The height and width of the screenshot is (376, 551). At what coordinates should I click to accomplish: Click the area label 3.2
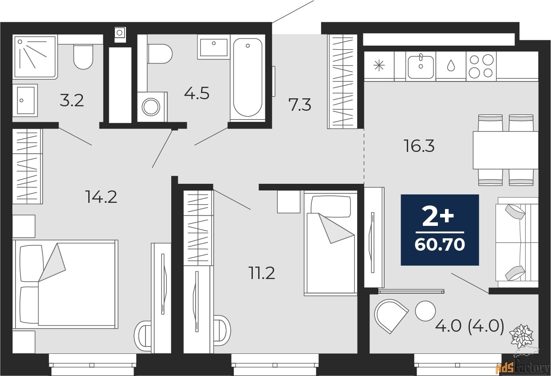click(72, 101)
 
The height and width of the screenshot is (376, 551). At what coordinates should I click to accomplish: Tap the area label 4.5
click(197, 93)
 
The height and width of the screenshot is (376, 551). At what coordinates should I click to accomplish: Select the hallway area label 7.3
click(299, 105)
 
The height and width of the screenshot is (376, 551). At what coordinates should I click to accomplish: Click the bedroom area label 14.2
click(101, 197)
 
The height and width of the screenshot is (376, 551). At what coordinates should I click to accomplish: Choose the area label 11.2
click(261, 273)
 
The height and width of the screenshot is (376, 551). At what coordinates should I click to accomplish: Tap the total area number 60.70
click(440, 244)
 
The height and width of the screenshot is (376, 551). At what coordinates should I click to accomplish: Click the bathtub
click(247, 78)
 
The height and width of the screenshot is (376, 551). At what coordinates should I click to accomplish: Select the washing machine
click(152, 106)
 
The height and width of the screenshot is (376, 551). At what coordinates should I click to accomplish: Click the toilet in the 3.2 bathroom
click(83, 56)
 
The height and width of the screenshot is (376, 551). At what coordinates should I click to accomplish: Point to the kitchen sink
click(421, 66)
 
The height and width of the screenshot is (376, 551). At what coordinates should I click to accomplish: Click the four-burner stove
click(481, 66)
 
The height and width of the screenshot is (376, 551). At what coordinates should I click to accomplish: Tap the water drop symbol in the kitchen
click(451, 66)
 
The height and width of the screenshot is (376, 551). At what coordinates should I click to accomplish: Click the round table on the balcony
click(426, 311)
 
